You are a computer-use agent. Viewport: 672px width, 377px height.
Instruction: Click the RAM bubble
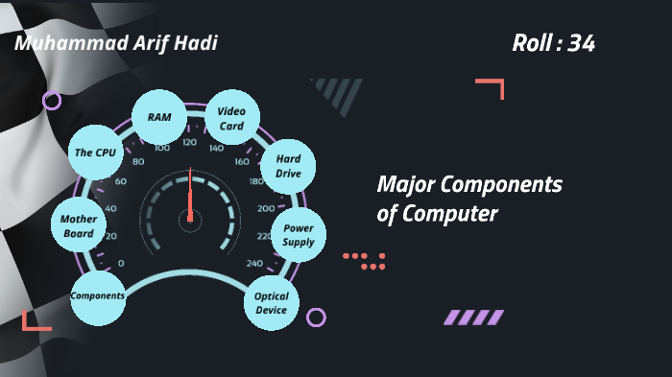coord(158,117)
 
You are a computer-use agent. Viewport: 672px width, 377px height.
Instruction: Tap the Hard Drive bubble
coord(288,166)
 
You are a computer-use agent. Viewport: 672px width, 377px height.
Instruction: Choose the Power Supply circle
coord(299,235)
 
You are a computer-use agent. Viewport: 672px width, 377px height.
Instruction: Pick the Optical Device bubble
coord(272,303)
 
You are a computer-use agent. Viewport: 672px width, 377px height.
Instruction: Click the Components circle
coord(98,296)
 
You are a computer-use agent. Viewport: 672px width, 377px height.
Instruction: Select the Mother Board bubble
coord(79,226)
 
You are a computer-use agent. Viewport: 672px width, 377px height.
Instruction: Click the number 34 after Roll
coord(581,43)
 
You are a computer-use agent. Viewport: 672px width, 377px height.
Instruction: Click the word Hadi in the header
coord(200,43)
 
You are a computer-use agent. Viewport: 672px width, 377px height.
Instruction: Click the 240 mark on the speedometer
coord(253,264)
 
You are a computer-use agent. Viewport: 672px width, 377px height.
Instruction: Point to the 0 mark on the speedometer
coord(120,264)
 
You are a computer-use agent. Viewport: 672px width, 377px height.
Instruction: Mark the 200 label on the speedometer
coord(265,208)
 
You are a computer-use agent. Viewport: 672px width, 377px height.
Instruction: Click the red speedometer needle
coord(190,198)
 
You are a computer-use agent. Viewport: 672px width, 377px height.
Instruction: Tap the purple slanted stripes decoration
coord(473,317)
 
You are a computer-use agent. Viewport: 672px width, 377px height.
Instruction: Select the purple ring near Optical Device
coord(316,318)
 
